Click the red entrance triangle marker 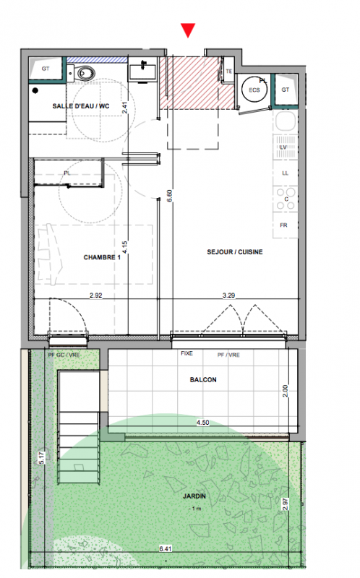point(188,30)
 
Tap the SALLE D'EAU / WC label point(81,106)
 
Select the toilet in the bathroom point(83,73)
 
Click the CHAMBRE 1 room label point(102,257)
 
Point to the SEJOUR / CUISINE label point(235,252)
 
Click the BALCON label point(203,380)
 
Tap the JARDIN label point(194,496)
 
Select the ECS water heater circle point(254,90)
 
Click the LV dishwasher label point(283,147)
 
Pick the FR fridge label point(283,225)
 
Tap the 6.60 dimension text point(170,196)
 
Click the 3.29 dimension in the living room point(228,296)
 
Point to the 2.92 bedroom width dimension point(96,296)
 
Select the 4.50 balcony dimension point(203,423)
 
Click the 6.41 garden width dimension point(166,549)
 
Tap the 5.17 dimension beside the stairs point(41,458)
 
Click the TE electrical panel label point(229,71)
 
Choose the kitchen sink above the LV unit point(286,121)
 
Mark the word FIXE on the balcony point(187,353)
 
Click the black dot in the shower point(35,90)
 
